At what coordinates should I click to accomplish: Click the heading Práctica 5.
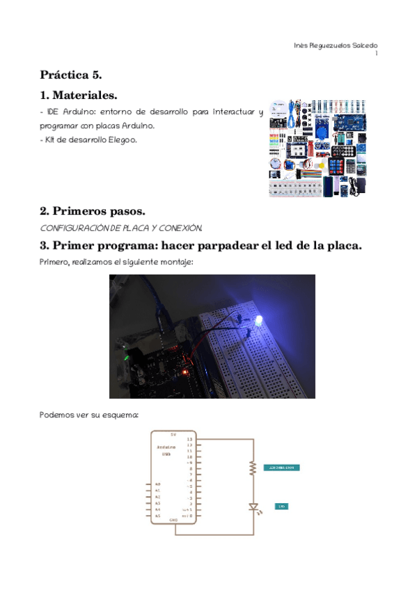[x=71, y=74]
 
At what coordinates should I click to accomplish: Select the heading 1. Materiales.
[x=78, y=95]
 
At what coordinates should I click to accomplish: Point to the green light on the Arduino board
[x=127, y=359]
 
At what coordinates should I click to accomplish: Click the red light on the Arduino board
[x=184, y=372]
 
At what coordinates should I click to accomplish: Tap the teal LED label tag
[x=281, y=506]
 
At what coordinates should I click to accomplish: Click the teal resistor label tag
[x=281, y=467]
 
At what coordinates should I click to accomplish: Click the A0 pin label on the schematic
[x=158, y=484]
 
